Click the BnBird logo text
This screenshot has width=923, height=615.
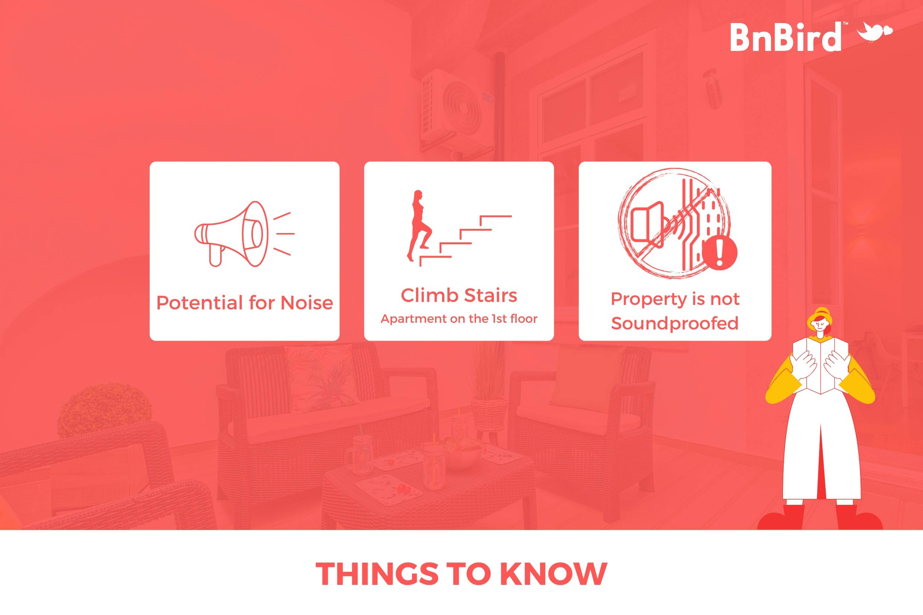tap(785, 37)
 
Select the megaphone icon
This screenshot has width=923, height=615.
tap(244, 234)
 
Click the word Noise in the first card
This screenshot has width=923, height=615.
tap(307, 303)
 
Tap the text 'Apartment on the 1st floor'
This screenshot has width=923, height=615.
tap(459, 319)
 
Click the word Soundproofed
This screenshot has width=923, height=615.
tap(675, 323)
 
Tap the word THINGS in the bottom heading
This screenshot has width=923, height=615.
tap(377, 574)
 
